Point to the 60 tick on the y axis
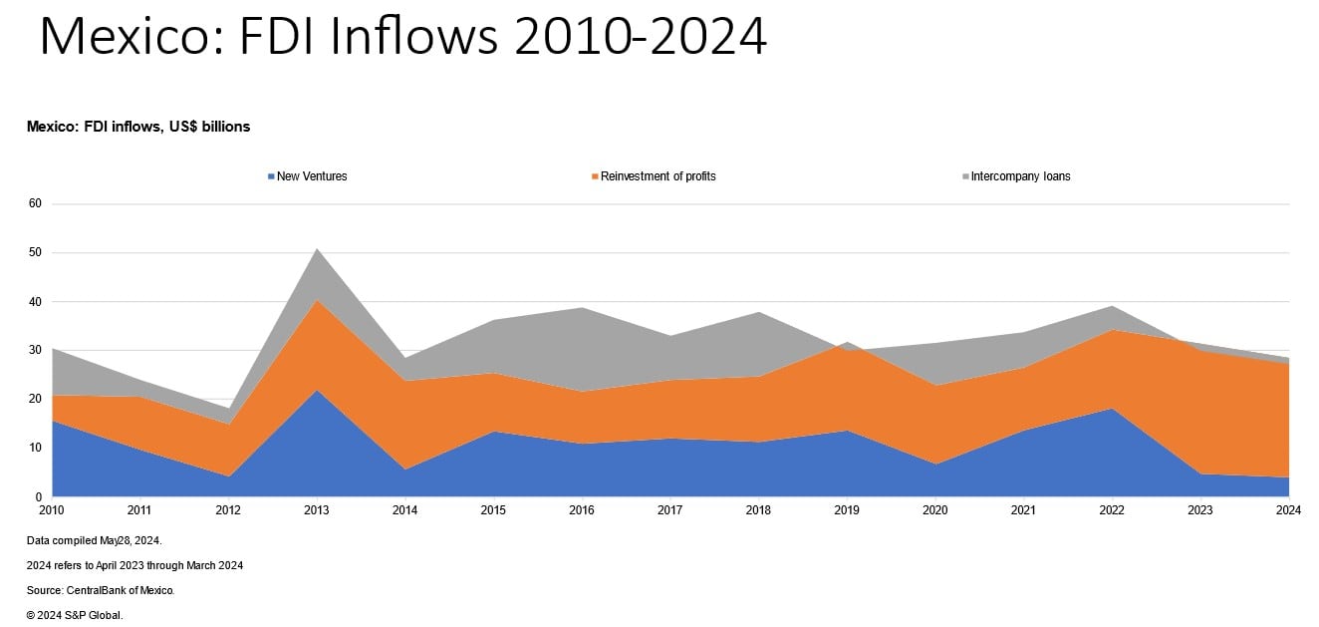point(35,203)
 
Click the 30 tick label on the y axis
point(35,350)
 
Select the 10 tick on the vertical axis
point(35,448)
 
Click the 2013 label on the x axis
point(317,510)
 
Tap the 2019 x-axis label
point(846,510)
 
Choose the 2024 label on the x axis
point(1287,510)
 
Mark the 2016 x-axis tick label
point(582,510)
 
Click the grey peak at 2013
point(317,250)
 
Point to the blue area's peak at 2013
point(317,391)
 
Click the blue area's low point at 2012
point(229,475)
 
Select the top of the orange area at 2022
point(1112,330)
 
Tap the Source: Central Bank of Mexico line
point(102,590)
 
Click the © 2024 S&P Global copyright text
point(75,615)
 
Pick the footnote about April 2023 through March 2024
point(135,565)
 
